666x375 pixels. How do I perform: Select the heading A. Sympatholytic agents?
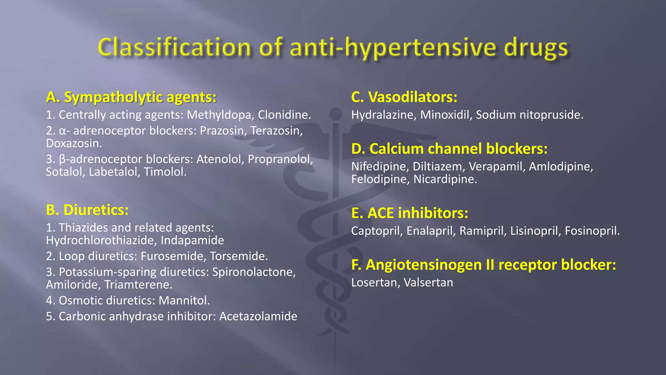click(x=131, y=97)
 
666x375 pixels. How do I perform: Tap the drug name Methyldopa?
click(x=220, y=115)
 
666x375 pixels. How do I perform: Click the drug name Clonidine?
click(x=284, y=115)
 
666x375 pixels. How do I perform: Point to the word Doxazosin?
click(x=74, y=144)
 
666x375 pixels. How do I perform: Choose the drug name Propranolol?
click(x=280, y=159)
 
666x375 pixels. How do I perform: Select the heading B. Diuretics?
click(x=87, y=210)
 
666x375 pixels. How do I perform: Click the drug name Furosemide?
click(x=173, y=256)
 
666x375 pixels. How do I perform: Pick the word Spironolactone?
click(x=254, y=272)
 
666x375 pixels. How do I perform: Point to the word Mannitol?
click(x=184, y=300)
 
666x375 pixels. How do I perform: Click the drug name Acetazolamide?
click(x=258, y=316)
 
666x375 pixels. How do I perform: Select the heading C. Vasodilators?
click(x=404, y=97)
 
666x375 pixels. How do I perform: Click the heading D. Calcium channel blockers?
click(x=449, y=149)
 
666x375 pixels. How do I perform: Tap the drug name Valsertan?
click(x=428, y=283)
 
